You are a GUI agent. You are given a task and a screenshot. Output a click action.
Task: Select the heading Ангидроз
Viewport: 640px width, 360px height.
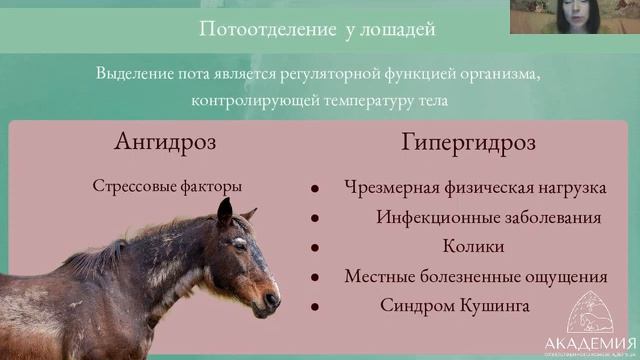click(x=165, y=141)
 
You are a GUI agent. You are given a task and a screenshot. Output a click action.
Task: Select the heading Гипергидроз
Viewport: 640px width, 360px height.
click(x=468, y=142)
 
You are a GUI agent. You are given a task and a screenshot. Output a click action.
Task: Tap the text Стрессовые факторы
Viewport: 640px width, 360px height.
click(x=167, y=186)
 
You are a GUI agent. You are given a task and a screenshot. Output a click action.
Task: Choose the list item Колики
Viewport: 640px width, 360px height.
click(x=473, y=246)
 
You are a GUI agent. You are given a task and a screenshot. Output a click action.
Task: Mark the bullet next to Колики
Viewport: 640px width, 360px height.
click(x=315, y=247)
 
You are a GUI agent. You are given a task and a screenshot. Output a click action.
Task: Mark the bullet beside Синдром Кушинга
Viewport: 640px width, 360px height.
click(x=315, y=306)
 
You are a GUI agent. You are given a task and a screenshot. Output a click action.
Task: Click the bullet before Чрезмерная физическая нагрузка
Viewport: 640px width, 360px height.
click(x=315, y=188)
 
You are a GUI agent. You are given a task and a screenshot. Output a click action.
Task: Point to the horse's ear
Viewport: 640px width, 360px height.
click(x=225, y=211)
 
